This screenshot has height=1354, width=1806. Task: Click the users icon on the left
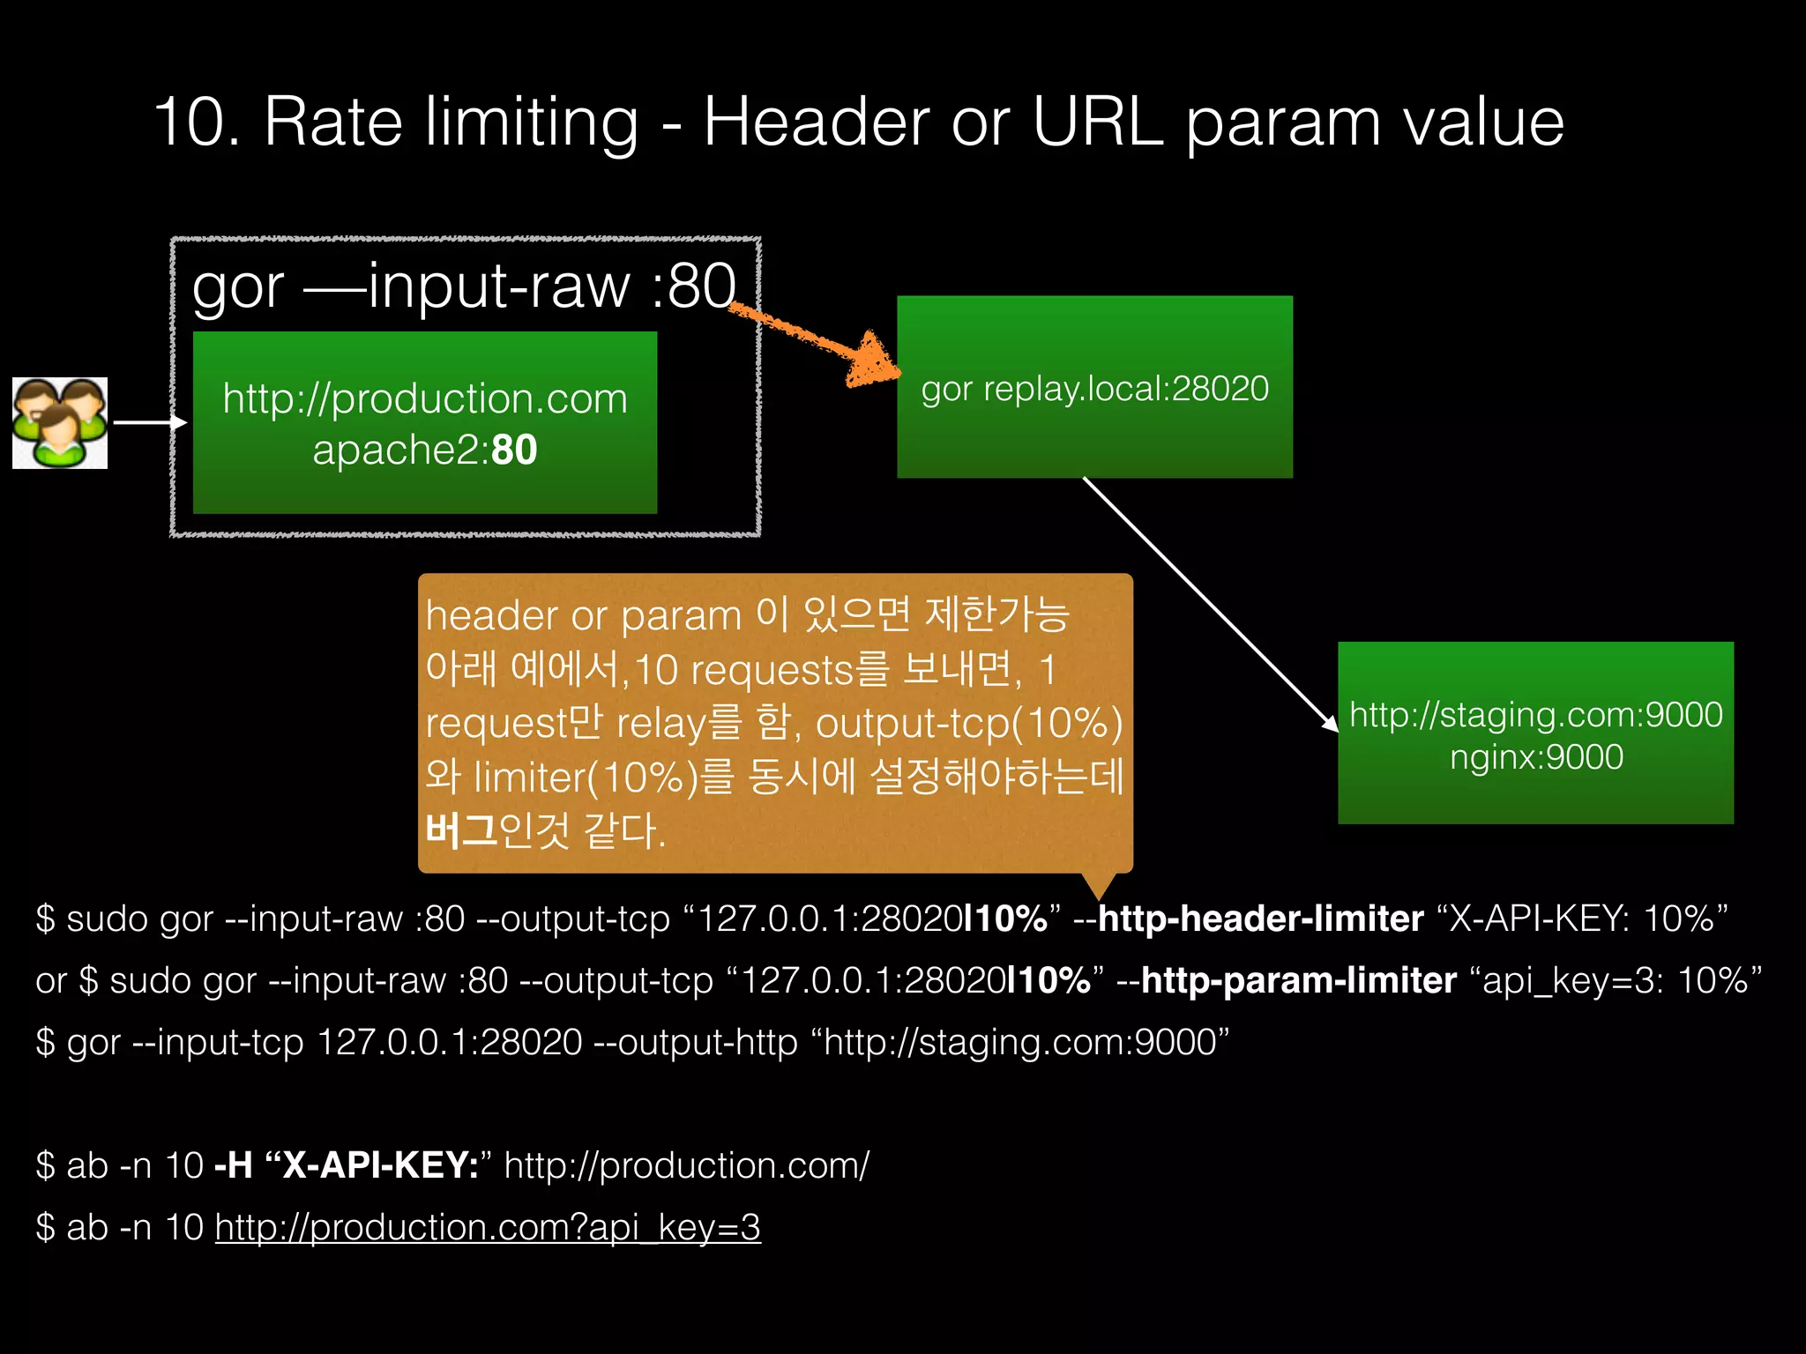click(x=60, y=423)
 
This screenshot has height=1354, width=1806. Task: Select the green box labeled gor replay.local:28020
click(x=1094, y=388)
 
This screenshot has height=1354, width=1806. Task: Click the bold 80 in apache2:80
click(x=514, y=450)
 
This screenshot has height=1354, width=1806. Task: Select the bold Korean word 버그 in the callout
click(x=460, y=830)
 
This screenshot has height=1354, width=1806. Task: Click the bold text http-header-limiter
click(x=1260, y=919)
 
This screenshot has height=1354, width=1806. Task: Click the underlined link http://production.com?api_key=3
click(x=488, y=1227)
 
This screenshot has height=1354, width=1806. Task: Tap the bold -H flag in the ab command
click(x=234, y=1165)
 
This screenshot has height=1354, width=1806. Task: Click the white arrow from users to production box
click(x=150, y=423)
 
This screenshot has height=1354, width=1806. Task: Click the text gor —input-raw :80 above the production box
click(x=464, y=286)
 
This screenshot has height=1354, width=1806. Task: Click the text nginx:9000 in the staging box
click(x=1536, y=757)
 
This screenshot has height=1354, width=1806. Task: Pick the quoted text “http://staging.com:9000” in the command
click(x=1026, y=1042)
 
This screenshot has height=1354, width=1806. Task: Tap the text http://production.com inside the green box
click(x=425, y=398)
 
